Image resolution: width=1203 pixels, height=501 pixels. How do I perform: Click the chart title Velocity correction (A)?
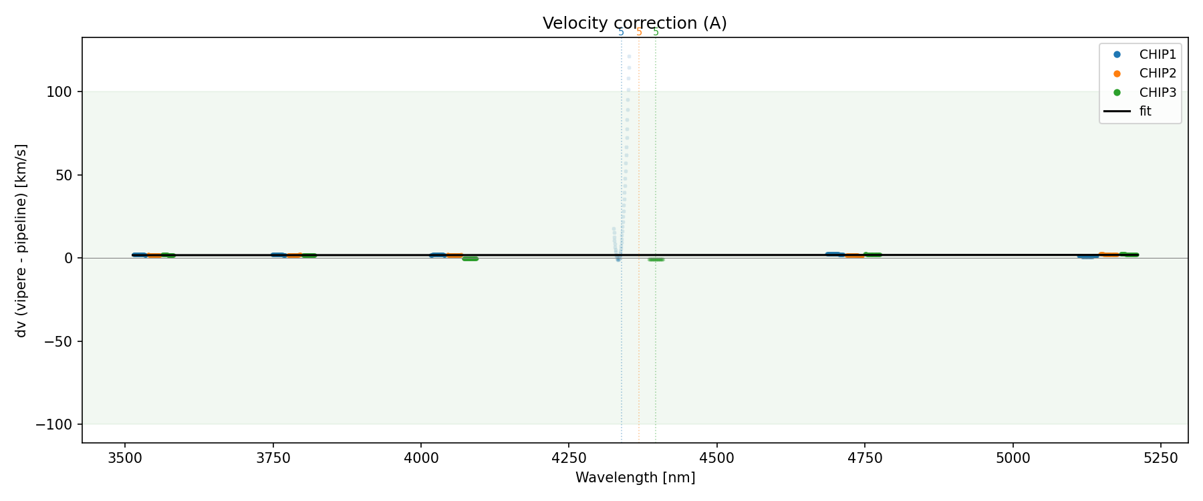634,23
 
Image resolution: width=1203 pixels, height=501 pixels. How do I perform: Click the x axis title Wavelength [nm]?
635,478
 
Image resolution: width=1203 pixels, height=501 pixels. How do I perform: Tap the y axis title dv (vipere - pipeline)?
21,240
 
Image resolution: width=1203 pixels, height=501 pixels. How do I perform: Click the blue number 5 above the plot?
621,32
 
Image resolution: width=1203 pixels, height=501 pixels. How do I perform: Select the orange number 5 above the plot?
639,32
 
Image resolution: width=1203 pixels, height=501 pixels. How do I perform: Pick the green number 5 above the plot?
656,32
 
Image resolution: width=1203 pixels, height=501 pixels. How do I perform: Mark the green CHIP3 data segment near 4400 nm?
656,259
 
